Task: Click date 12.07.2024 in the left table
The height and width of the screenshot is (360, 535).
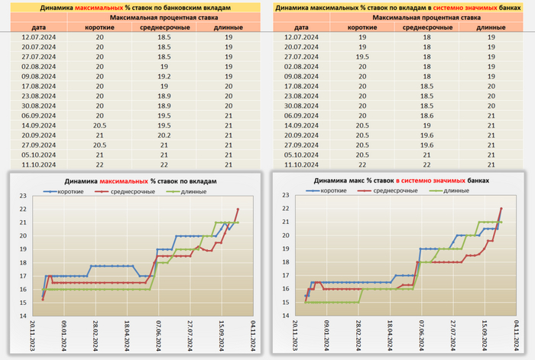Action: point(33,37)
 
